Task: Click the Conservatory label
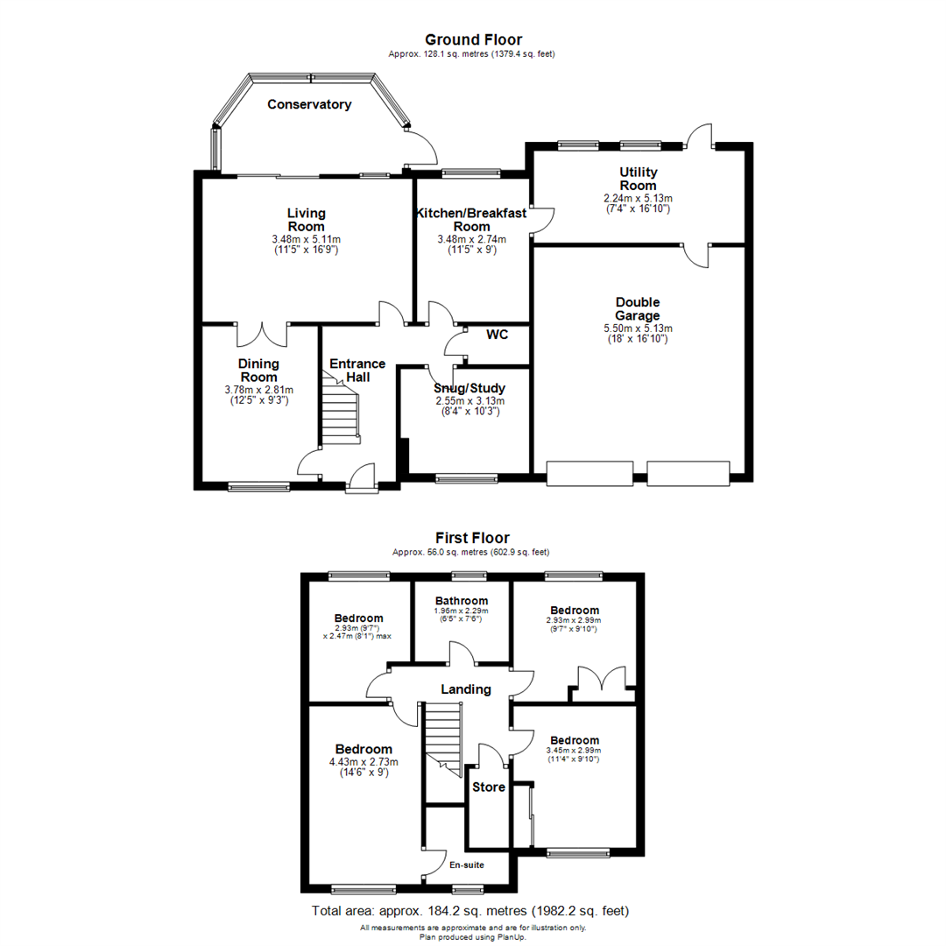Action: pos(309,104)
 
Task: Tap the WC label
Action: pos(497,335)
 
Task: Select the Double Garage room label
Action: pos(637,309)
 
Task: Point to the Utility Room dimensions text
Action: pos(638,204)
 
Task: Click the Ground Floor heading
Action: pos(473,39)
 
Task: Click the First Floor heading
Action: pos(472,538)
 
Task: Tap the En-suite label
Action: pos(467,865)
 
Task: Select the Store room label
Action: pos(489,787)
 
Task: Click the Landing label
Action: pos(465,689)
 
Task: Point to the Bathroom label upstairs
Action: pos(462,600)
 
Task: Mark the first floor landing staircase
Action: pos(443,736)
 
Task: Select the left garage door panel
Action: pos(589,473)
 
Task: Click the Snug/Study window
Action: pos(465,478)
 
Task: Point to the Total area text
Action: pos(470,911)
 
